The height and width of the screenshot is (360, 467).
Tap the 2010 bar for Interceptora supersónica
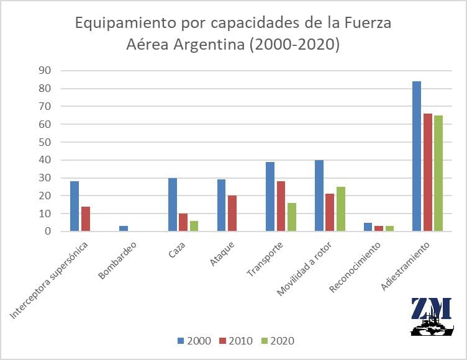(x=85, y=219)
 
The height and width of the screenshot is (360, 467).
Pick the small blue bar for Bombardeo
(x=123, y=228)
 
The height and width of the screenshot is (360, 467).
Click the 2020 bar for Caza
(x=194, y=226)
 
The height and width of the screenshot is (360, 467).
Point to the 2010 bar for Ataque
(x=232, y=214)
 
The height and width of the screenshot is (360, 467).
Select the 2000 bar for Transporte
(x=270, y=197)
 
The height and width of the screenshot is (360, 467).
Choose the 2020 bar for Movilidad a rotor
(x=340, y=209)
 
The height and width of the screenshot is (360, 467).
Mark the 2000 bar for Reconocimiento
(x=368, y=227)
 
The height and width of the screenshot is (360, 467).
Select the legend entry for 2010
(x=237, y=341)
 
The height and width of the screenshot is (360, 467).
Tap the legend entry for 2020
(x=278, y=341)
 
